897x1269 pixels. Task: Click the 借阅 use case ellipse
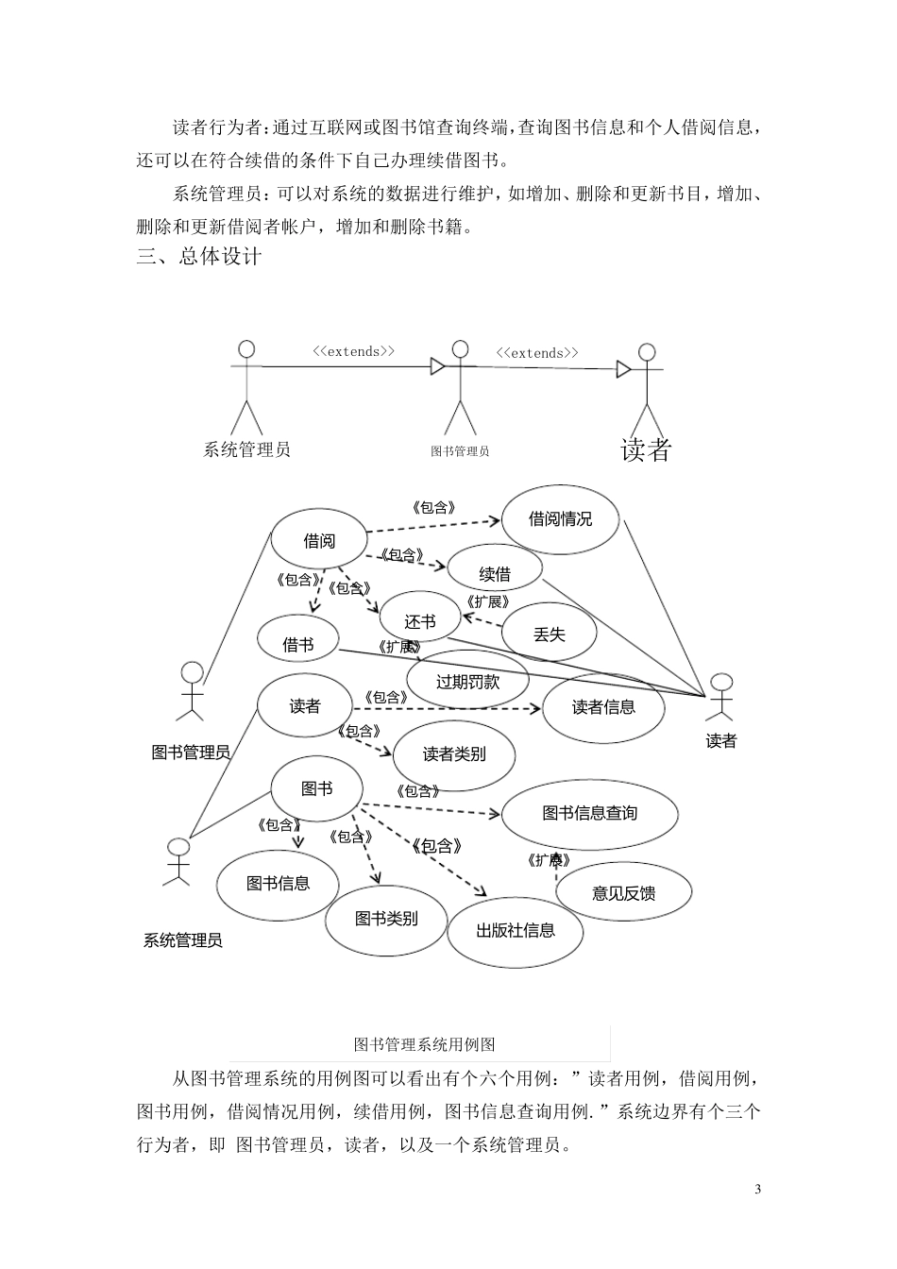[x=319, y=541]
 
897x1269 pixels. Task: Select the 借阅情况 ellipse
[x=560, y=518]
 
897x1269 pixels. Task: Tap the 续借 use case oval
[x=495, y=573]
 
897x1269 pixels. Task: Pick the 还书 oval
[x=420, y=621]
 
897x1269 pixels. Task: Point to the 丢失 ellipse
[x=549, y=634]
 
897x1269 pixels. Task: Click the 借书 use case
[x=298, y=644]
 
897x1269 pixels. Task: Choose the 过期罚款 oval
[x=466, y=680]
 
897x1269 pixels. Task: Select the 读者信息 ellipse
[x=603, y=706]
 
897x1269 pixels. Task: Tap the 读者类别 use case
[x=454, y=753]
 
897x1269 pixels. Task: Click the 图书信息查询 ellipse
[x=589, y=813]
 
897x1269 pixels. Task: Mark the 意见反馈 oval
[x=623, y=891]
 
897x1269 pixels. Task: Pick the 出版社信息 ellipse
[x=516, y=930]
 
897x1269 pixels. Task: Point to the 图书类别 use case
[x=386, y=918]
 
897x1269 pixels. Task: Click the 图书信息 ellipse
[x=278, y=884]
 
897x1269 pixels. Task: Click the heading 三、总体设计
[x=199, y=257]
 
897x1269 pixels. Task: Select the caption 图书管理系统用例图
[x=424, y=1044]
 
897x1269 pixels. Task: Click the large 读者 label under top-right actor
[x=646, y=450]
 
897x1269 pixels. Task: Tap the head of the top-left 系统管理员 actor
[x=246, y=348]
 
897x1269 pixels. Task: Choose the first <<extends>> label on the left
[x=354, y=351]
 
